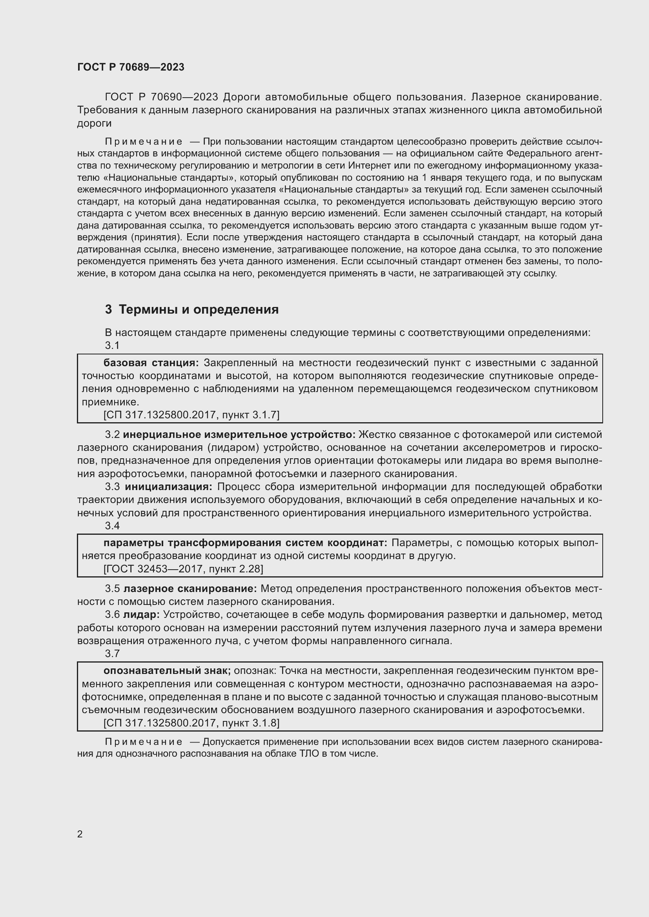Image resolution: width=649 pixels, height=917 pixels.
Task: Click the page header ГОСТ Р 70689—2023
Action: tap(131, 67)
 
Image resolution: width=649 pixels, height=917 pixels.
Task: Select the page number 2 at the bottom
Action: tap(80, 834)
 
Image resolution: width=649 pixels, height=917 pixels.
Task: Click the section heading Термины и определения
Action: tap(199, 309)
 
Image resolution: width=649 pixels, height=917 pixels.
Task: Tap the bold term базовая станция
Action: tap(151, 363)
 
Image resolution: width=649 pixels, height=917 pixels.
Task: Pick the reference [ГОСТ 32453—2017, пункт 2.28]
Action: tap(183, 569)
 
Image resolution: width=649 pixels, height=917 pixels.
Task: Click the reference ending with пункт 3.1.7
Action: tap(191, 415)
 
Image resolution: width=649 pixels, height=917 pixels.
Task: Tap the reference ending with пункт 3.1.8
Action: tap(191, 723)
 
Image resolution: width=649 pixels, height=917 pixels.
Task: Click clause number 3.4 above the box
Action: tap(112, 526)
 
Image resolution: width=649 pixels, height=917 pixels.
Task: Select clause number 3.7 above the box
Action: tap(112, 654)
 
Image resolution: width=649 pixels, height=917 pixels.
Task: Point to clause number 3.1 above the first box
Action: tap(112, 345)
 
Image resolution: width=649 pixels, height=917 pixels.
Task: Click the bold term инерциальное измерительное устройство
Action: tap(239, 434)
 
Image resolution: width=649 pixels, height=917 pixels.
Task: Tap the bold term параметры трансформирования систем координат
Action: tap(245, 543)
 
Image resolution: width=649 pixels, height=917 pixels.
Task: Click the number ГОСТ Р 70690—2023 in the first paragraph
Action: tap(161, 97)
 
